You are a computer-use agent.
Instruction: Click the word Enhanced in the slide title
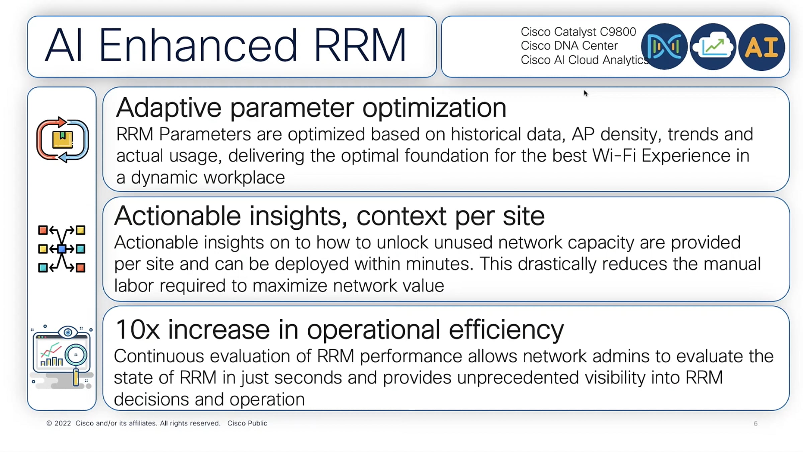coord(198,46)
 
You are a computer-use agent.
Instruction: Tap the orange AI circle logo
coord(762,47)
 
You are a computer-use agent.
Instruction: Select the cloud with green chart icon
coord(713,47)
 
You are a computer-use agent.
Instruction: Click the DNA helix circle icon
coord(664,47)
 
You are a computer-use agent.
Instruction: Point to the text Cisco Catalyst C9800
coord(578,32)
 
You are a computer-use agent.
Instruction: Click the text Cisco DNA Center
coord(569,46)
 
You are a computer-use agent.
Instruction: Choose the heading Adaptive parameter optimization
coord(311,108)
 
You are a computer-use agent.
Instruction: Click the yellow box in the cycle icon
coord(63,140)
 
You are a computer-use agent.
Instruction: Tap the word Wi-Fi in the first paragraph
coord(614,156)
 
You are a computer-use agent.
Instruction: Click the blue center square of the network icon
coord(62,249)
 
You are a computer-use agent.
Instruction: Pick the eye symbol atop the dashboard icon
coord(68,332)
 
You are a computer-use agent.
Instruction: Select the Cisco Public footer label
coord(247,423)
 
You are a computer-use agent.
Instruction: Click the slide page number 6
coord(755,424)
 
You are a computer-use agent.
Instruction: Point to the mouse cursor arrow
coord(586,93)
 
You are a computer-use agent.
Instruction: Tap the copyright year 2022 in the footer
coord(63,423)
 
